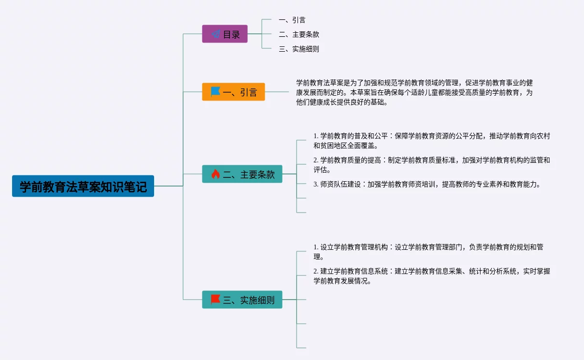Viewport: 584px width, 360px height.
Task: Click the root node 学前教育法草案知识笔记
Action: (83, 186)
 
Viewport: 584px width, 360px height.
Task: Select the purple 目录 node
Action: (225, 34)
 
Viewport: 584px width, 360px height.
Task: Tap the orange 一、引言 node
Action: (233, 92)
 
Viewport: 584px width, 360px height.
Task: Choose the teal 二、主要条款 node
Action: (242, 174)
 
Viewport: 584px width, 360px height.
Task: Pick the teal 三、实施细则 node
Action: (242, 300)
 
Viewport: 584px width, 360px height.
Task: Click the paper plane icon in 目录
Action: (216, 34)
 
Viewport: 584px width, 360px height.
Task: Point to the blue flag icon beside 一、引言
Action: (215, 91)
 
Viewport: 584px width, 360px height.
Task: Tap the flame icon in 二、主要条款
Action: (215, 174)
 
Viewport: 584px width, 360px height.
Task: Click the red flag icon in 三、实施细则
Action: (215, 300)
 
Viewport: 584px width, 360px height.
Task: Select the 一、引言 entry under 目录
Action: (292, 20)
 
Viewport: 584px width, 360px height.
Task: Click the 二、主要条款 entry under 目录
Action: (299, 34)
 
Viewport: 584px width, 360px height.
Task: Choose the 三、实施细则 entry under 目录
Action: (299, 49)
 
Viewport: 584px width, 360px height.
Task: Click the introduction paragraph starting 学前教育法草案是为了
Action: (414, 92)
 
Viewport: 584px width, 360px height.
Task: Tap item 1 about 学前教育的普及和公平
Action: (431, 141)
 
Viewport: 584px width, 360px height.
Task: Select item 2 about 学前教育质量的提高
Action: (431, 165)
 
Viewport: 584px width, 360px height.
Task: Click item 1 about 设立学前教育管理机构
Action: (428, 252)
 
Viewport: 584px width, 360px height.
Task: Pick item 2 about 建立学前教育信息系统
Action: (431, 276)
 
